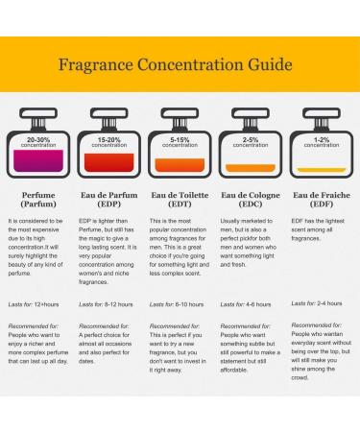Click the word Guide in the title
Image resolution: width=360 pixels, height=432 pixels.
click(x=270, y=65)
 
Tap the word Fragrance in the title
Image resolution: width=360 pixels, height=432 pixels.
click(x=96, y=65)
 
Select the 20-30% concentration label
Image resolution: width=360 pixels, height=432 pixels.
click(x=38, y=142)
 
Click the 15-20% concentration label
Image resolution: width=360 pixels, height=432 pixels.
click(x=109, y=142)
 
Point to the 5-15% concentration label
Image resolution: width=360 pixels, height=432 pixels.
click(x=180, y=142)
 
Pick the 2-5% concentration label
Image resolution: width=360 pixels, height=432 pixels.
click(x=251, y=142)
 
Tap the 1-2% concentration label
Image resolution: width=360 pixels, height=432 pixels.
click(x=322, y=142)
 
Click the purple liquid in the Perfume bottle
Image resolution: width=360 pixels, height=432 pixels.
click(x=38, y=160)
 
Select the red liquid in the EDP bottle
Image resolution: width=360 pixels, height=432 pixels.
click(x=109, y=162)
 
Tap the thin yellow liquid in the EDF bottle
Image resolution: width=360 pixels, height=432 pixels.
click(x=322, y=170)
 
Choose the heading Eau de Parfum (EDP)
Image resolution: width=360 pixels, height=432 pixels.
click(x=109, y=200)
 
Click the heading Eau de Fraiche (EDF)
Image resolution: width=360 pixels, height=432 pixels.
click(x=322, y=200)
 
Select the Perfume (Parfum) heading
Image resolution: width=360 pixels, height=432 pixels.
click(x=38, y=200)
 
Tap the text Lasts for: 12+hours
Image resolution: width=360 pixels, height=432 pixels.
click(x=34, y=304)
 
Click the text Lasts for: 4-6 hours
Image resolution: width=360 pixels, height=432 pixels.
click(x=246, y=304)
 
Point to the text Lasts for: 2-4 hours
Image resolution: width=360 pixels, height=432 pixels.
click(x=317, y=303)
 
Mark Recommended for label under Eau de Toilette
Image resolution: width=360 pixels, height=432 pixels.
click(x=175, y=326)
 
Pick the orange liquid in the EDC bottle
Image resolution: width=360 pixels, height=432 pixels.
click(x=251, y=168)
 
